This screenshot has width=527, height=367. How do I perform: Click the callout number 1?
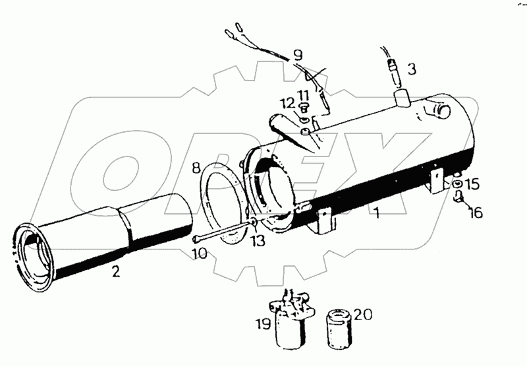pyautogui.click(x=376, y=214)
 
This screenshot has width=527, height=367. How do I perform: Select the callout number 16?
pyautogui.click(x=476, y=213)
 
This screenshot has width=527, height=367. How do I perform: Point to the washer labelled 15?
pyautogui.click(x=457, y=185)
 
